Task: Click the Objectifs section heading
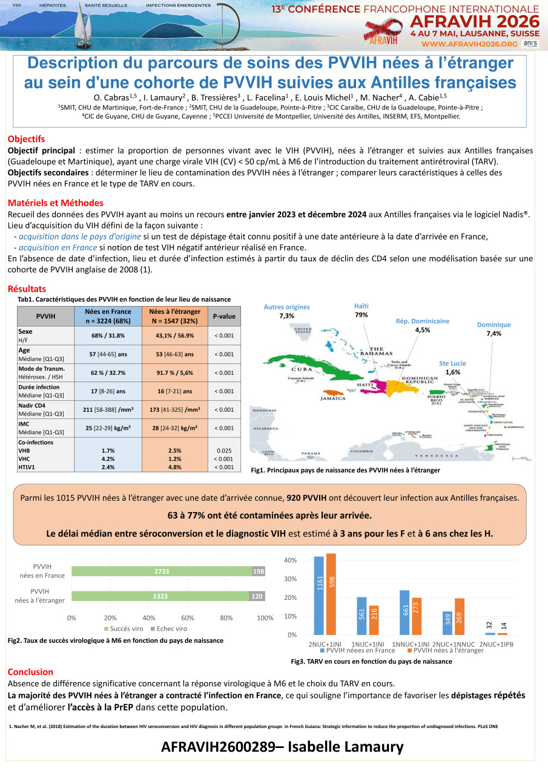[26, 139]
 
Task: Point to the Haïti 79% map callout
[361, 311]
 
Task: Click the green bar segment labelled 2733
[161, 571]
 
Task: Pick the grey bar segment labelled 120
[257, 596]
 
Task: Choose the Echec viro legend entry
[168, 629]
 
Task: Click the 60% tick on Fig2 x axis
[188, 617]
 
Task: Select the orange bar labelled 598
[331, 594]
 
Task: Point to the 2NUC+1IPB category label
[496, 644]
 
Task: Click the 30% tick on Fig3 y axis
[291, 579]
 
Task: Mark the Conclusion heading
[30, 672]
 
